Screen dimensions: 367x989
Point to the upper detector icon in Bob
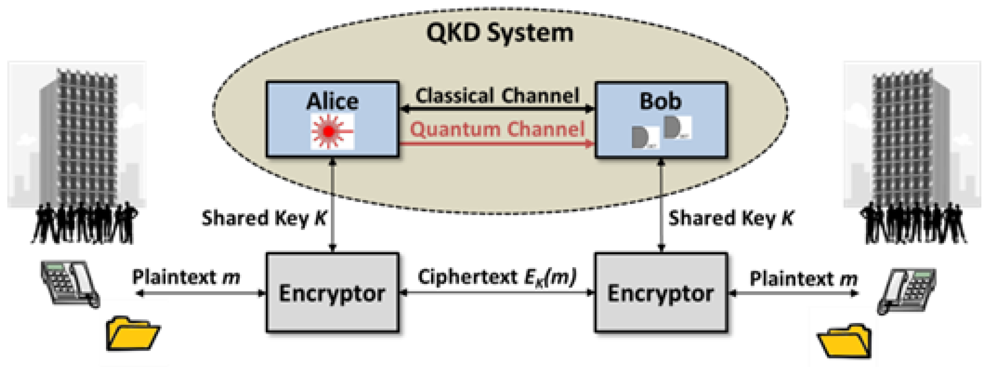[676, 128]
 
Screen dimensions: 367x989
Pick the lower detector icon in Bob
[644, 138]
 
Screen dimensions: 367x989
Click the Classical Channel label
[497, 95]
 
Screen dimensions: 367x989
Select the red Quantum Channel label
[497, 129]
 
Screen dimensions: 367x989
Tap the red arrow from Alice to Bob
[497, 144]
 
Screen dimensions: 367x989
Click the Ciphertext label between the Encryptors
[497, 277]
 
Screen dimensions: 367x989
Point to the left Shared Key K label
[264, 218]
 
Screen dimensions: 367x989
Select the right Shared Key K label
[730, 218]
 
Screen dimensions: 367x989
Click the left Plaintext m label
[186, 277]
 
